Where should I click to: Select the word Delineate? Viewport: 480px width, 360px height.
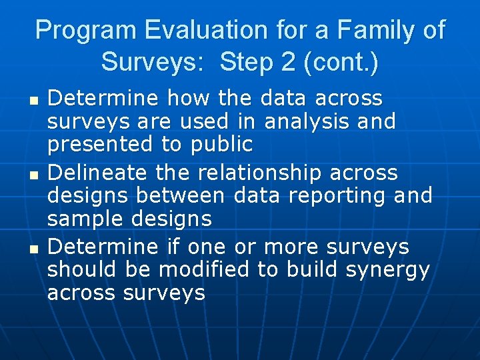(98, 173)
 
